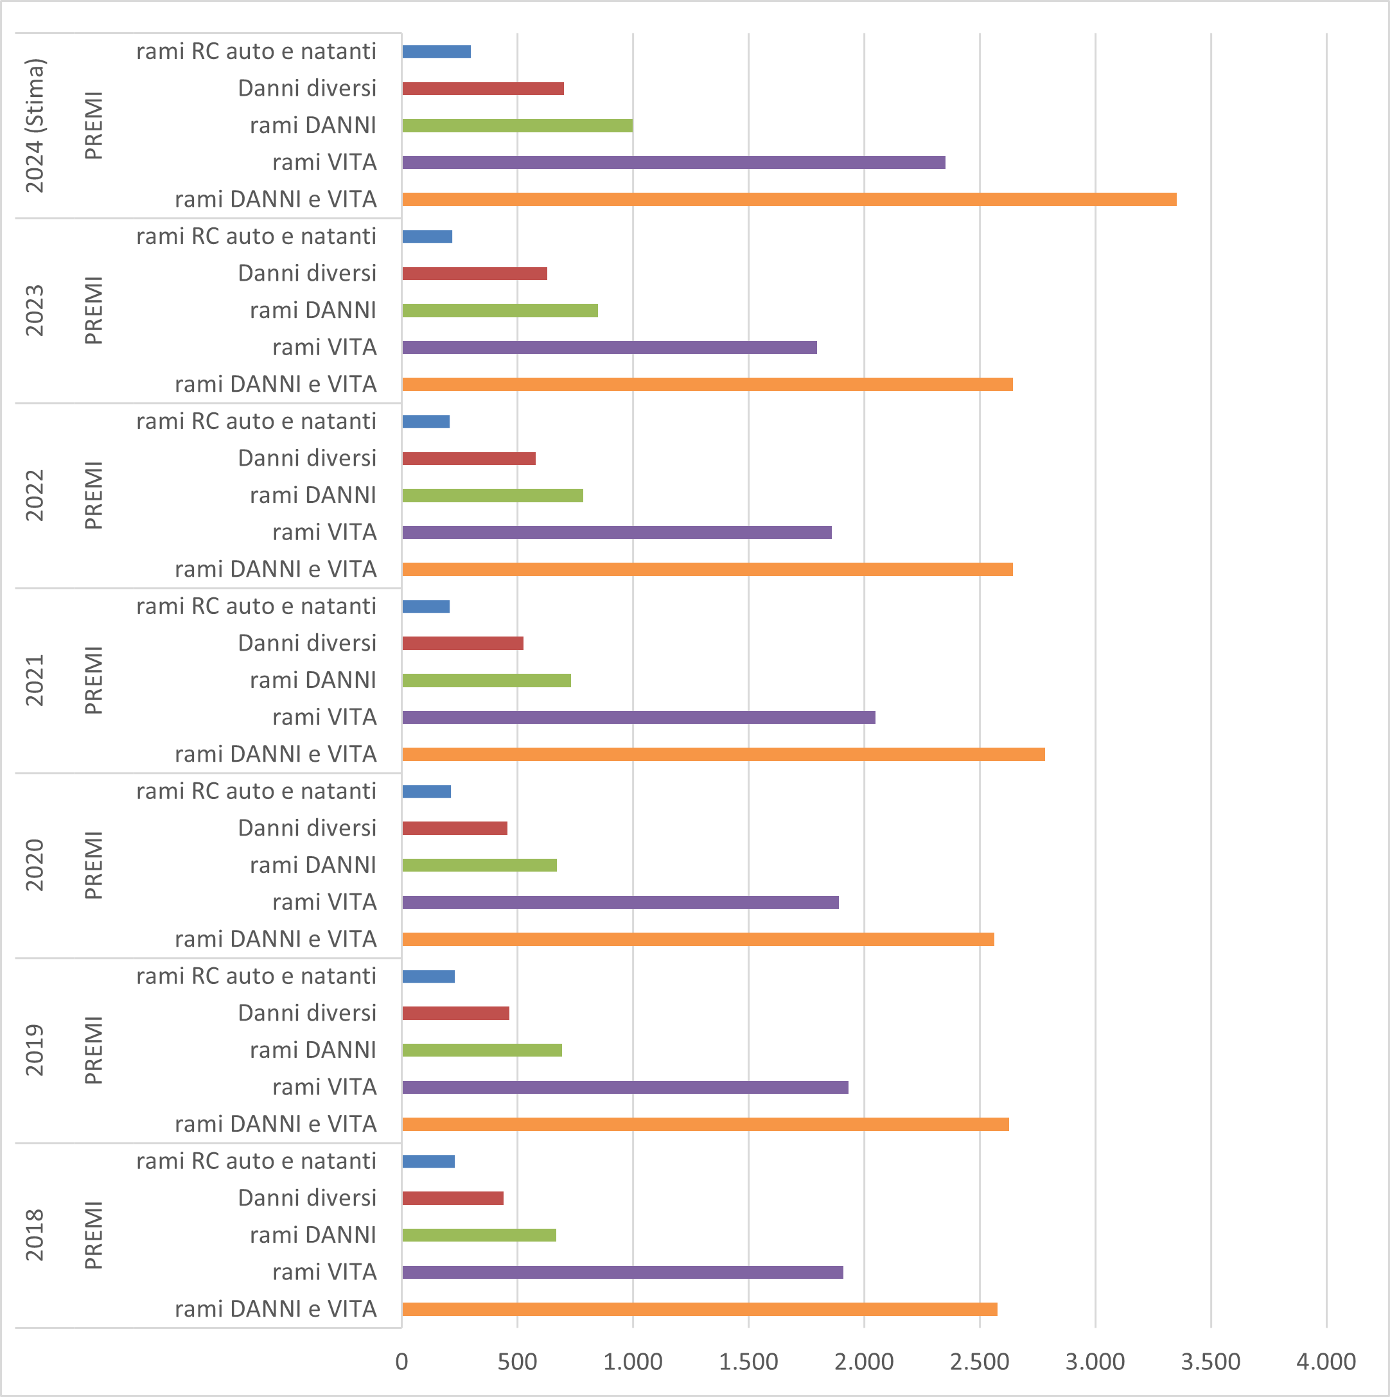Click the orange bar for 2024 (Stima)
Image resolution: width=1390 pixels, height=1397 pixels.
[788, 200]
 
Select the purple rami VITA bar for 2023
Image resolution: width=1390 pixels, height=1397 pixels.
[609, 347]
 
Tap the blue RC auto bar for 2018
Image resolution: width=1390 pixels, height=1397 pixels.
[428, 1161]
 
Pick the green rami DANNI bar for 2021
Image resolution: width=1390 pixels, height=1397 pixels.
[486, 680]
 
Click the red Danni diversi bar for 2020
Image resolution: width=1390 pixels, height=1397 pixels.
[454, 828]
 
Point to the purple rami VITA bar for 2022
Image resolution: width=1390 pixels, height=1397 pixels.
[616, 532]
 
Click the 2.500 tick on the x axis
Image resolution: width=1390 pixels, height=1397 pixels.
[979, 1362]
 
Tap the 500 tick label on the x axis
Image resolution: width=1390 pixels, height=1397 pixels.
[517, 1362]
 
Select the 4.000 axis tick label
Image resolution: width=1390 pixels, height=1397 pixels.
[1326, 1362]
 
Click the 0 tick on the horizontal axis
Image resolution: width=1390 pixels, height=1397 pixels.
[402, 1362]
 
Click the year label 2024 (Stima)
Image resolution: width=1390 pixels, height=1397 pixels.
[35, 126]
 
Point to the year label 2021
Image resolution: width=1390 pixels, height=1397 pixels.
[35, 680]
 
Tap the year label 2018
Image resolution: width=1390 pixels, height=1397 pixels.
[35, 1235]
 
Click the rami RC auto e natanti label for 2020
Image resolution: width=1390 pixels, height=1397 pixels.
[256, 791]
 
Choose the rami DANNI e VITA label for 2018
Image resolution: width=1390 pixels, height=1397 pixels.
[276, 1309]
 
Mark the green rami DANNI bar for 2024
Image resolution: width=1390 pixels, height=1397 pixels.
[517, 126]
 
